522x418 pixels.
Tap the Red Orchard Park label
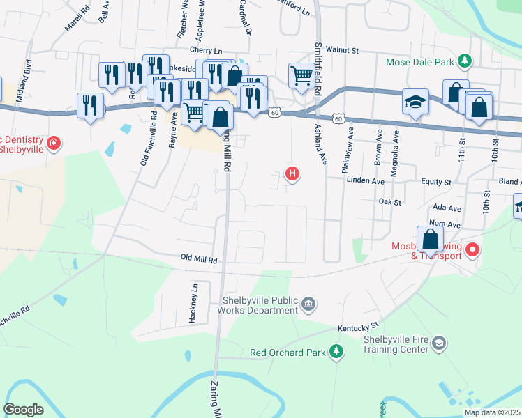[x=288, y=353]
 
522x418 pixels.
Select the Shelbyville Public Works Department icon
[x=308, y=304]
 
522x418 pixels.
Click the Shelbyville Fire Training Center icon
[x=438, y=343]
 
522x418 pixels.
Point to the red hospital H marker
[x=293, y=174]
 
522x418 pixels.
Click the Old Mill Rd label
[x=199, y=259]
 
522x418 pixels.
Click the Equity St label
[x=436, y=182]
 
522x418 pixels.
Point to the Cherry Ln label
[x=206, y=51]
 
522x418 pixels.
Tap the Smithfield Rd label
[x=318, y=59]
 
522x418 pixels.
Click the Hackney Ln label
[x=194, y=302]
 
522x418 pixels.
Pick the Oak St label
[x=390, y=202]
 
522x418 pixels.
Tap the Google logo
[x=23, y=409]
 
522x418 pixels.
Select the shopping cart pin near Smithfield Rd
[x=301, y=75]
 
